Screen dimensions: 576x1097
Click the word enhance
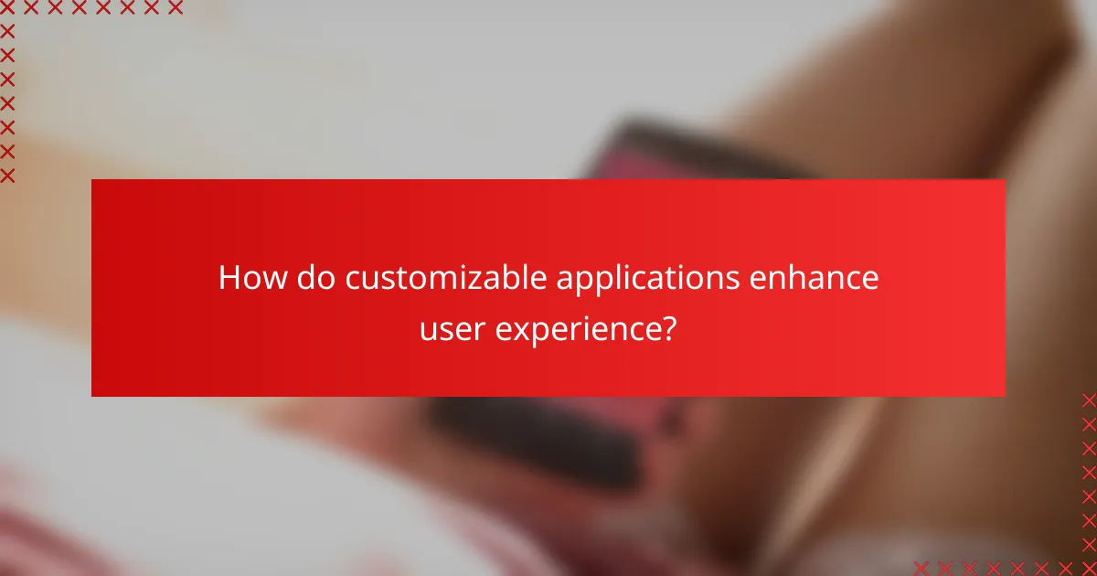coord(815,279)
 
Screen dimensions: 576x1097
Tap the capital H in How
coord(229,279)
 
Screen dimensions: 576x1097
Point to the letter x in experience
coord(517,328)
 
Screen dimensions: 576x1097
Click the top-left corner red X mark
coord(7,8)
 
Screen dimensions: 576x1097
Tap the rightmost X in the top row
coord(175,8)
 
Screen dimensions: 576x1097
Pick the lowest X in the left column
coord(7,176)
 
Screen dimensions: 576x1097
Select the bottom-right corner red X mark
coord(1088,568)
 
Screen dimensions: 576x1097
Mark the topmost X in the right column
coord(1088,400)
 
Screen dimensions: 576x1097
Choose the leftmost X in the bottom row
coord(921,568)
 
